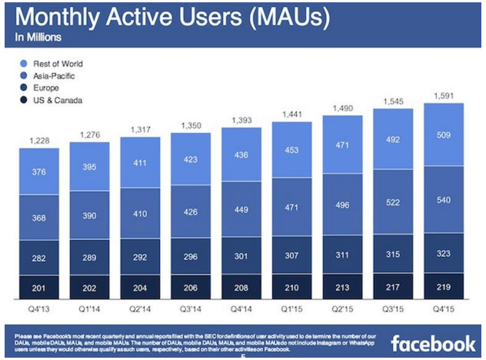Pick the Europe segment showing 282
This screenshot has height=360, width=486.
coord(39,258)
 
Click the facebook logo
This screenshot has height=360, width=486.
coord(433,342)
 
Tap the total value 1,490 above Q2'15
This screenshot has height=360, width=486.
coord(341,108)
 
